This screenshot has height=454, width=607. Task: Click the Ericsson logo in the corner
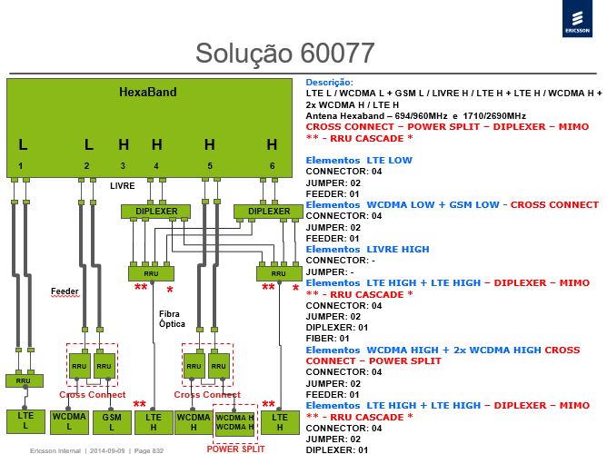[x=577, y=18]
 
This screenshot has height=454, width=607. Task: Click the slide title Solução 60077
[x=285, y=53]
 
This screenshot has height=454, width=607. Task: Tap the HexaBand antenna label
[x=148, y=92]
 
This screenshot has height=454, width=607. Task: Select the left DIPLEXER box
[x=155, y=212]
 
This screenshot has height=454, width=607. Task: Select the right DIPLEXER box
[x=268, y=212]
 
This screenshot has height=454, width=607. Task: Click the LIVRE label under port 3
[x=123, y=186]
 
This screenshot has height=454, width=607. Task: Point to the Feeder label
[x=65, y=291]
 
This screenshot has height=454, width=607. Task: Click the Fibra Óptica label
[x=172, y=319]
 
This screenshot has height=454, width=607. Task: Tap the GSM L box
[x=112, y=422]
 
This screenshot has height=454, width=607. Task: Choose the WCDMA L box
[x=69, y=422]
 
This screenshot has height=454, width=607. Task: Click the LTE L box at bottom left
[x=25, y=421]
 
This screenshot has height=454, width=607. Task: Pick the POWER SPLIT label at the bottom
[x=235, y=449]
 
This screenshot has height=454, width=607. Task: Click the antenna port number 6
[x=272, y=166]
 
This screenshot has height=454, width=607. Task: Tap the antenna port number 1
[x=21, y=166]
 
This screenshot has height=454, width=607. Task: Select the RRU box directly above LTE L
[x=24, y=380]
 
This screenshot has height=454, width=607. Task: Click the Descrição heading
[x=330, y=83]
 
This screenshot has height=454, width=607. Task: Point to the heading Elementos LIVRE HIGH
[x=367, y=250]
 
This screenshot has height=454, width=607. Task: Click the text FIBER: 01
[x=327, y=339]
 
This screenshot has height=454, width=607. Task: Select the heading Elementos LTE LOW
[x=359, y=160]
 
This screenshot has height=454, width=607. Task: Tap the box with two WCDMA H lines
[x=234, y=423]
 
